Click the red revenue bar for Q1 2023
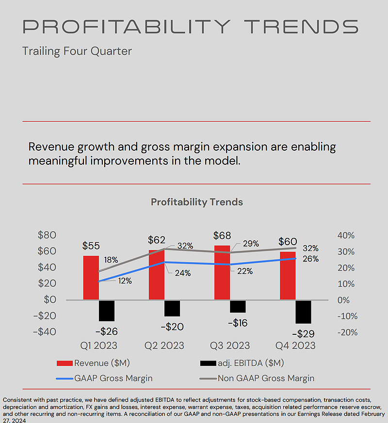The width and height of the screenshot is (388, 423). point(91,278)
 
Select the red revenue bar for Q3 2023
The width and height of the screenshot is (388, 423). point(222,273)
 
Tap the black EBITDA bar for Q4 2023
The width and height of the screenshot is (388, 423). point(303,312)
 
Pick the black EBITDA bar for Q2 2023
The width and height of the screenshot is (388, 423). point(172,308)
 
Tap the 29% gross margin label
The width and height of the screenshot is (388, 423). point(250,244)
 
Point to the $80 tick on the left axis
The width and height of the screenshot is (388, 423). point(47,235)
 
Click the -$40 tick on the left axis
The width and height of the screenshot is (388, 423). point(44,332)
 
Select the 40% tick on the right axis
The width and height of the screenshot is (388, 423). point(346,235)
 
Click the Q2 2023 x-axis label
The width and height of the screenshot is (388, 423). point(164,345)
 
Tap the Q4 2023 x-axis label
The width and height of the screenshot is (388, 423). point(295,345)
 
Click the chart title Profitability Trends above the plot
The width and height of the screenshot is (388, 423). point(196,202)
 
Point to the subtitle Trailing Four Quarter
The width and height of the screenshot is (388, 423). point(77,51)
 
